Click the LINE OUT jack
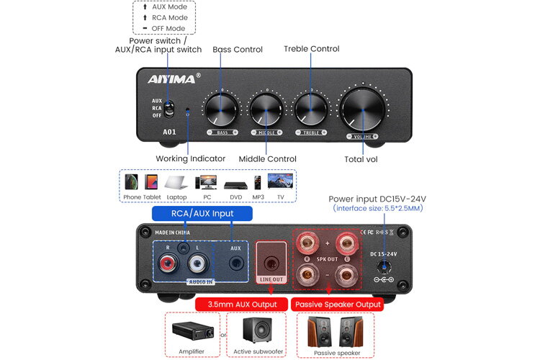(271, 262)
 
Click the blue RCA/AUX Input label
(202, 213)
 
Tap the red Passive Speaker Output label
(336, 305)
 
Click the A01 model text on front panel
(169, 132)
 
